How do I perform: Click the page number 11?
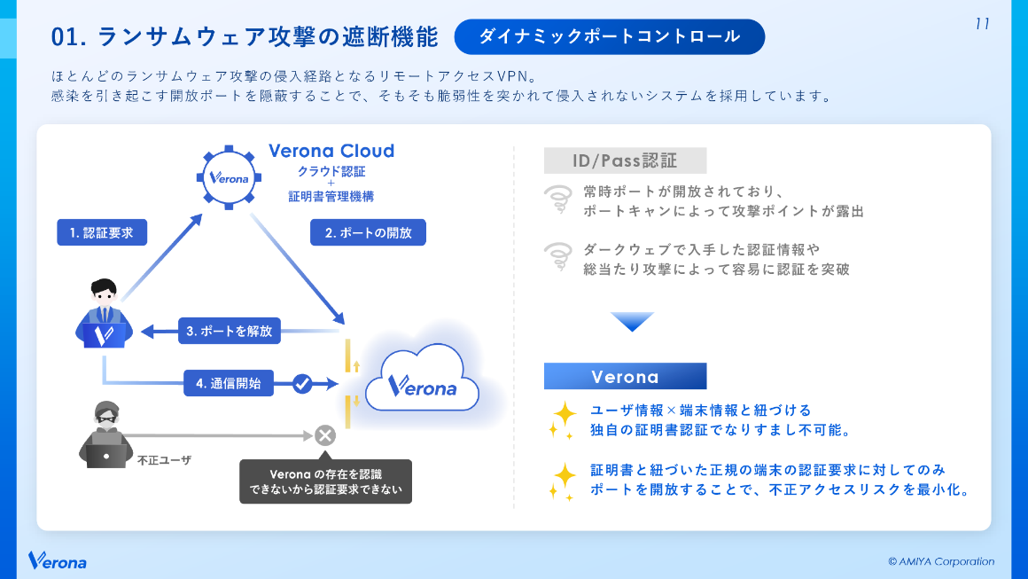coord(982,24)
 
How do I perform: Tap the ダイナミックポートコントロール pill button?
coord(609,36)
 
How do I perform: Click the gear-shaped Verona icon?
coord(228,176)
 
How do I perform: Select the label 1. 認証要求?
coord(101,232)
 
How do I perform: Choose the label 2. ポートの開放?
coord(368,232)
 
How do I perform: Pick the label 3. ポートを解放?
coord(230,332)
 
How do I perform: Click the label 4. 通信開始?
coord(229,384)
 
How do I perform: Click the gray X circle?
coord(324,434)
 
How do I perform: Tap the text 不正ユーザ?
coord(164,460)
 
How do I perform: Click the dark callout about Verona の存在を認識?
coord(325,481)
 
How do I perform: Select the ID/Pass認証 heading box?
coord(625,160)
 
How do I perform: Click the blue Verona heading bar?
coord(625,377)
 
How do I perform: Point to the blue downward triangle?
coord(631,321)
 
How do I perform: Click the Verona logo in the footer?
coord(58,560)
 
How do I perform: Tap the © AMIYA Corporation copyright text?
coord(941,561)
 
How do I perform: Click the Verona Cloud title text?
coord(331,151)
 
